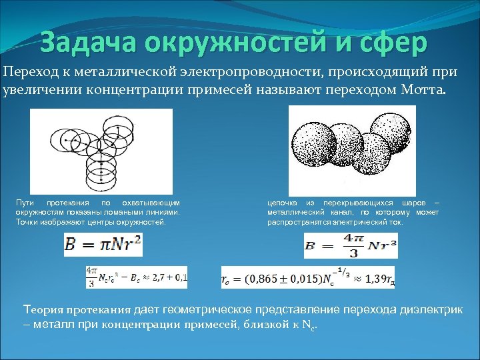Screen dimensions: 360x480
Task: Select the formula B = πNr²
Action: tap(103, 246)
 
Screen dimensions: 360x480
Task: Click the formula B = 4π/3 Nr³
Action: tap(350, 246)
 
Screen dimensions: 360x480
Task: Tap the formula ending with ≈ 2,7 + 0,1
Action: tap(136, 277)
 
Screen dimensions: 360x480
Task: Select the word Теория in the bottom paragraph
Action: tap(41, 309)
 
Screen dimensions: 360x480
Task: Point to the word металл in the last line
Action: tap(54, 325)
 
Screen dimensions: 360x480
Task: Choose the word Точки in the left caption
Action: tap(27, 221)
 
